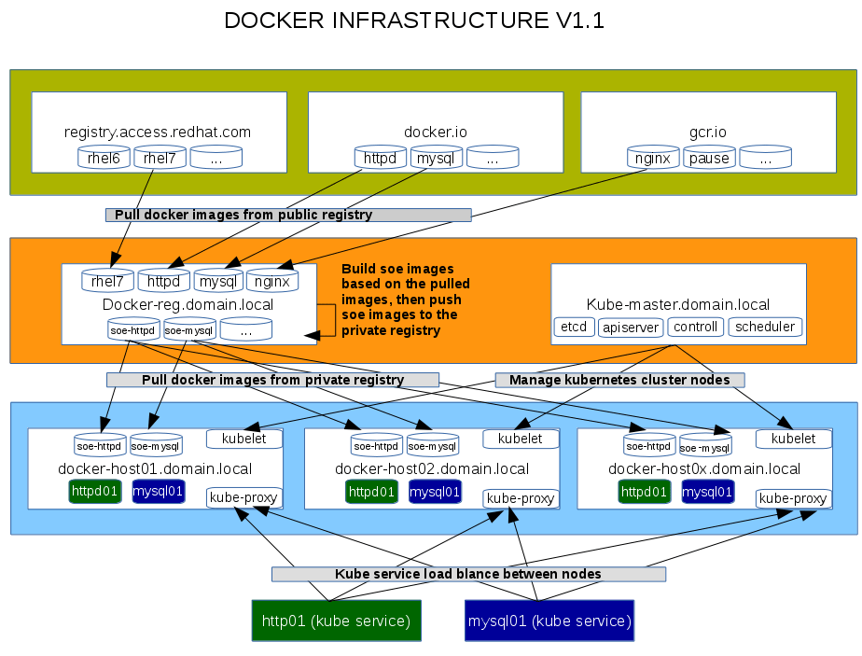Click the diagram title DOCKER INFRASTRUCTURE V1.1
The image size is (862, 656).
click(x=414, y=21)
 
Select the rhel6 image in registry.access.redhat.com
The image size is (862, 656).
click(x=104, y=158)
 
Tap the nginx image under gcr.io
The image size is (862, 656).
click(x=652, y=158)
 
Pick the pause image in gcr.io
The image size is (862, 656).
click(x=709, y=158)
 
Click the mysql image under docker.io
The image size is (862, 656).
click(x=436, y=158)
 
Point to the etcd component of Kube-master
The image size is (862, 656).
click(x=574, y=327)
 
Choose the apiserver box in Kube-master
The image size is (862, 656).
click(x=631, y=327)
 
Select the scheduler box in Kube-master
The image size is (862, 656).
click(x=765, y=327)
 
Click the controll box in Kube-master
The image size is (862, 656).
click(x=695, y=327)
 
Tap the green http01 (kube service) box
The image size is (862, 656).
click(x=336, y=621)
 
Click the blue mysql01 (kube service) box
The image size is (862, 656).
click(x=549, y=621)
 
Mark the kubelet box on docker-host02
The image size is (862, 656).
click(x=521, y=439)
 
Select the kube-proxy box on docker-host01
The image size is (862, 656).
click(x=243, y=497)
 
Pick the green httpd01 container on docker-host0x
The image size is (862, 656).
click(x=644, y=491)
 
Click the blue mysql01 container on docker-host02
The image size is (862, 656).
click(x=435, y=491)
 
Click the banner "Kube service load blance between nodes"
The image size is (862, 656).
click(x=468, y=574)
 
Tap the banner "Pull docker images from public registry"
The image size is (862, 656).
click(x=287, y=215)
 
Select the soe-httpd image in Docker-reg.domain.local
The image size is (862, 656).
click(x=132, y=329)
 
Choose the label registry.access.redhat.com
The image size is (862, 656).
click(x=158, y=133)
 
